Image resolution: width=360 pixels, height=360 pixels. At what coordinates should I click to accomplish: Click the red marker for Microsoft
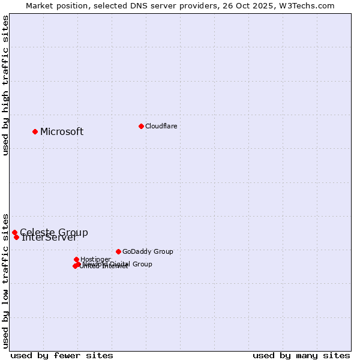tap(35, 131)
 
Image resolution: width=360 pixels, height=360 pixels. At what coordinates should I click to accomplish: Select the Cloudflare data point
tap(141, 126)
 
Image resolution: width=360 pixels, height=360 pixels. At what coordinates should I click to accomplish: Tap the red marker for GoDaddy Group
tap(118, 251)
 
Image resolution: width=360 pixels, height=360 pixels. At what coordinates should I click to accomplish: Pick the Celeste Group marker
tap(14, 232)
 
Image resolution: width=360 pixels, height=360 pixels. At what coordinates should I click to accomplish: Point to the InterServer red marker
tap(17, 237)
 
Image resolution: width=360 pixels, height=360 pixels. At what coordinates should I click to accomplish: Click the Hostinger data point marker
tap(76, 259)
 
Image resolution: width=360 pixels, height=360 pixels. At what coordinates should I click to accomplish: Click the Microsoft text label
tap(62, 132)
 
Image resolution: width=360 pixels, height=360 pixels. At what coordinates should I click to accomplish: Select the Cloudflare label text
tap(161, 126)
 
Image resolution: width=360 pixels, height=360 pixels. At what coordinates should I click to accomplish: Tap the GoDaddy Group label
tap(148, 251)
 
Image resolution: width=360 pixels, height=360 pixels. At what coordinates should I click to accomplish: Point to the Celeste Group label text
tap(54, 232)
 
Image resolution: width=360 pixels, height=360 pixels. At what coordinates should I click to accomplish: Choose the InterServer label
tap(49, 238)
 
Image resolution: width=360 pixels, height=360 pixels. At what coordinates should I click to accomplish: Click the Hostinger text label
tap(95, 259)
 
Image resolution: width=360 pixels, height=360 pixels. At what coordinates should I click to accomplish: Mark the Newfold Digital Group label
tap(118, 264)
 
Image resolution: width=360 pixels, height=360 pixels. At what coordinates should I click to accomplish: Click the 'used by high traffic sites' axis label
tap(6, 85)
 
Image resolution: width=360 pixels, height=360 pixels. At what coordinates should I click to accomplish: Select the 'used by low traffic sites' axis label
tap(6, 280)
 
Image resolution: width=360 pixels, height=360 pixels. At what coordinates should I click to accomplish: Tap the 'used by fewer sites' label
tap(62, 355)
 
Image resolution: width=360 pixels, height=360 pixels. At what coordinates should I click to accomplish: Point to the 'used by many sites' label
tap(301, 355)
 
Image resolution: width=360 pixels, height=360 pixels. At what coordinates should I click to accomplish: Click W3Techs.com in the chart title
tap(309, 6)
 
